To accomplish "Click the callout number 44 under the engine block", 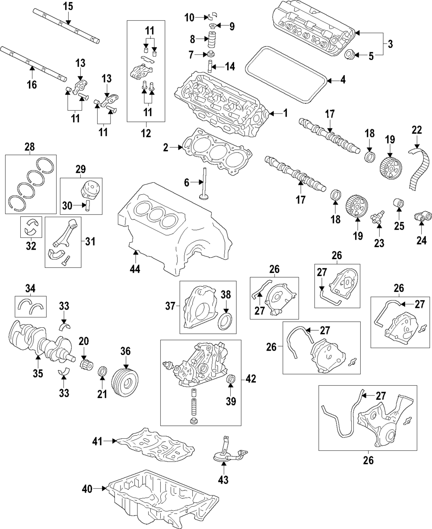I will tap(136, 269).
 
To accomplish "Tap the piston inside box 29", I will tap(89, 190).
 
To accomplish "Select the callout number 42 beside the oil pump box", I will tap(251, 379).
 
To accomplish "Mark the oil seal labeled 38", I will tap(226, 322).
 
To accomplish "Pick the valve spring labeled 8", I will tap(212, 40).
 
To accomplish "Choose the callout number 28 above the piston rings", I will tap(30, 148).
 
